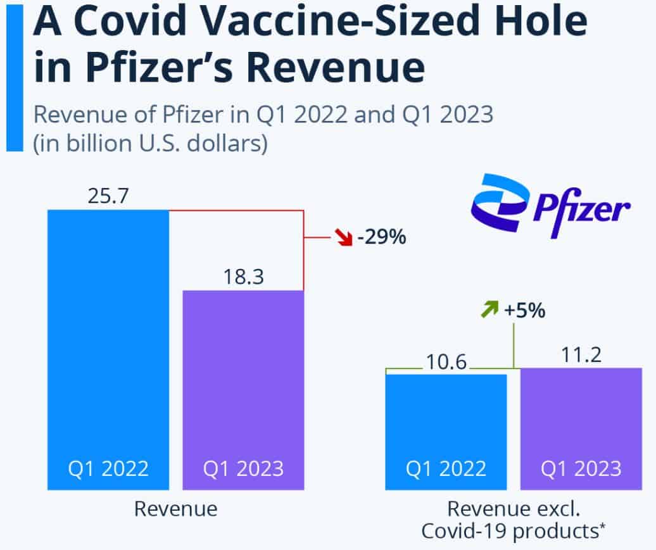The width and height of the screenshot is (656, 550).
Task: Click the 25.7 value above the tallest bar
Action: pos(108,196)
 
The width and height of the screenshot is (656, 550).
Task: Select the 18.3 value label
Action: pos(243,277)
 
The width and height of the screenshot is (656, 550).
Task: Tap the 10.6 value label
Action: pos(446,362)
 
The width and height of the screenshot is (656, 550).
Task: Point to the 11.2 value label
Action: pos(581,355)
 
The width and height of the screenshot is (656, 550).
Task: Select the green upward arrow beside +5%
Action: pos(489,311)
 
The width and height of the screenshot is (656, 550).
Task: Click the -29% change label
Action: pos(381,239)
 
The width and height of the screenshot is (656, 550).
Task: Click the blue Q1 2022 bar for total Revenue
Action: pos(108,348)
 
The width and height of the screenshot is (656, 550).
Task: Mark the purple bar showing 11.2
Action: pos(581,424)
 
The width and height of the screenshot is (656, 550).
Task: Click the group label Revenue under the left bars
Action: pos(175,508)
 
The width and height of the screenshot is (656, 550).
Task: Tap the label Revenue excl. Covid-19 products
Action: pos(514,520)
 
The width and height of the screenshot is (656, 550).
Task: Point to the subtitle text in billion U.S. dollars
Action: pos(151,142)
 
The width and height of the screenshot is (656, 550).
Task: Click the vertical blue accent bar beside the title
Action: pos(14,76)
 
